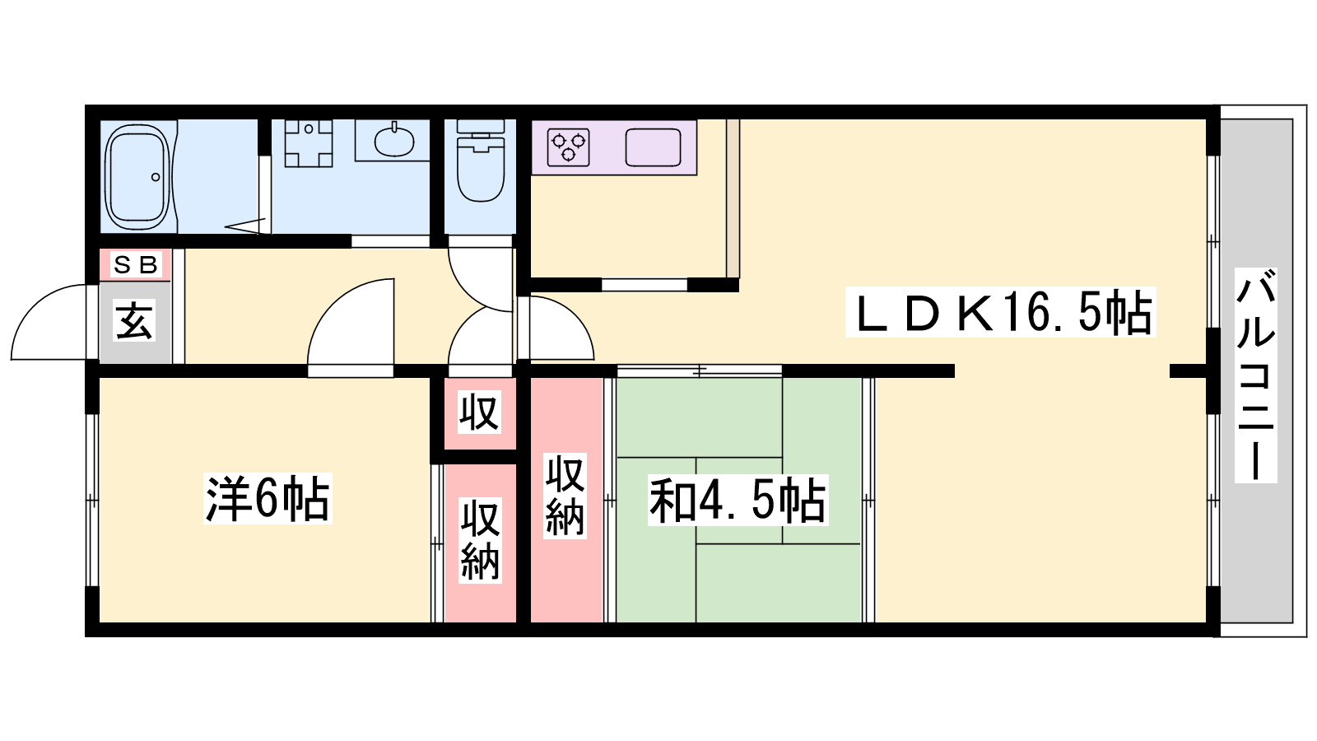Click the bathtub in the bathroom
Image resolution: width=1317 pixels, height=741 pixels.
click(137, 177)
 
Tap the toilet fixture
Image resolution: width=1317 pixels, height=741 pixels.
click(481, 161)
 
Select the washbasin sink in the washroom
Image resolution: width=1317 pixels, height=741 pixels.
click(394, 142)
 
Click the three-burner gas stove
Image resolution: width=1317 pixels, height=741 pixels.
click(569, 147)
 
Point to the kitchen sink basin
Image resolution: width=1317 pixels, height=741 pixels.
click(654, 147)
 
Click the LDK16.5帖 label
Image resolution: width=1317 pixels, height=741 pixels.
click(1001, 312)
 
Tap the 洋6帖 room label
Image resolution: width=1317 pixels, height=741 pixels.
click(268, 499)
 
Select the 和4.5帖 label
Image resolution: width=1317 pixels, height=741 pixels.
click(738, 501)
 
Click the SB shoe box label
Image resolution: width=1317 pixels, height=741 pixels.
click(136, 264)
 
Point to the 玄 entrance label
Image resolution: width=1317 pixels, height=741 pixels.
click(135, 321)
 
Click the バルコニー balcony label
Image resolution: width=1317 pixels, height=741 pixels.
click(1255, 375)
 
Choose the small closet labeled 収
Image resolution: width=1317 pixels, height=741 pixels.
click(480, 412)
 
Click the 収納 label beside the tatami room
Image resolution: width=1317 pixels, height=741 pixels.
click(565, 496)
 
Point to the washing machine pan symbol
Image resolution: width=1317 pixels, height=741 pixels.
click(309, 143)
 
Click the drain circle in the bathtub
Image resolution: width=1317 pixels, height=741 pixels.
click(156, 177)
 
